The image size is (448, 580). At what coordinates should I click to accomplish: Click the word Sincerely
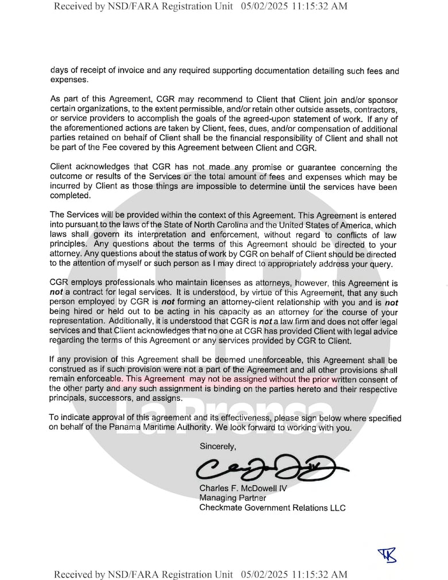click(x=217, y=446)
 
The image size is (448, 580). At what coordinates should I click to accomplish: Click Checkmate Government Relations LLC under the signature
click(x=272, y=508)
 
